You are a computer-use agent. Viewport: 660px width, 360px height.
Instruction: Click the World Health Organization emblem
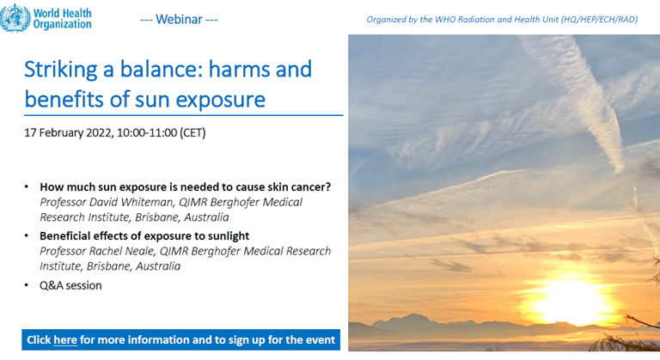pos(15,18)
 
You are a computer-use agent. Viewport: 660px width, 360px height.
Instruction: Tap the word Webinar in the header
pos(179,20)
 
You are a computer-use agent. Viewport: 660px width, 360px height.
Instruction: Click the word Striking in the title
pos(61,70)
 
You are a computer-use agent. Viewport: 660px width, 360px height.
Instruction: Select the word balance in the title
pos(159,69)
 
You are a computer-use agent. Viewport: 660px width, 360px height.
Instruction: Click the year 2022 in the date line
pos(99,132)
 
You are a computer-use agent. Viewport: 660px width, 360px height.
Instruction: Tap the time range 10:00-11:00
pos(147,132)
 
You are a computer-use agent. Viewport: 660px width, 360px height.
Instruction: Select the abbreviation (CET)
pos(192,132)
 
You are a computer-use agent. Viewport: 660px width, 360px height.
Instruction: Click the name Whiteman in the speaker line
pos(147,202)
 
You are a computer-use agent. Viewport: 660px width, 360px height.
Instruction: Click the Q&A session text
pos(70,285)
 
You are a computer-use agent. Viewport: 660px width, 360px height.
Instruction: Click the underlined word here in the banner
pos(65,339)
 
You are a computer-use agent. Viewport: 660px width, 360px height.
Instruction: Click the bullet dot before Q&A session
pos(27,285)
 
